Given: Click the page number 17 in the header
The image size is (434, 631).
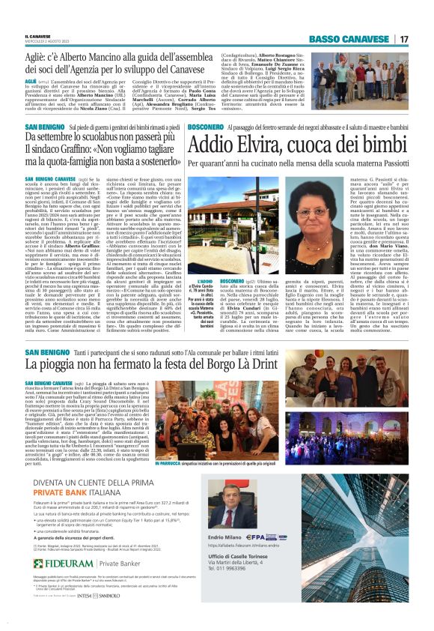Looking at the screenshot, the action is tap(403, 39).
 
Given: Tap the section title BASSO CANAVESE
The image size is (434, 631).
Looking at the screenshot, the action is tap(351, 39).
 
